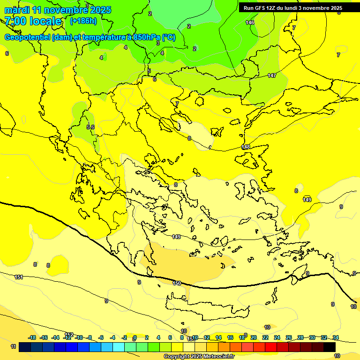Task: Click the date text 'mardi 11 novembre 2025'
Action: (58, 10)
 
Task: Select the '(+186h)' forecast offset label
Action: (83, 21)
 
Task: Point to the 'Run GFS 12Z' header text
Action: (261, 8)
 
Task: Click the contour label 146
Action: (250, 22)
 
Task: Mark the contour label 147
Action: (272, 75)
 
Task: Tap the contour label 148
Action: (246, 147)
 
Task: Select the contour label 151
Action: (19, 277)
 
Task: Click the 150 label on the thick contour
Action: (177, 283)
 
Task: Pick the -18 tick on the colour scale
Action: (32, 337)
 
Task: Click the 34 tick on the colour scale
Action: (336, 337)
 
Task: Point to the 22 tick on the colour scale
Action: (265, 337)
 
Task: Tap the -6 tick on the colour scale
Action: (101, 337)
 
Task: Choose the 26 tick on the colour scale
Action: (289, 337)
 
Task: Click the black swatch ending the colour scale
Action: (330, 347)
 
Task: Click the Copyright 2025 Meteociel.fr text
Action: (199, 357)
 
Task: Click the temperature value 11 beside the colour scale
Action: (13, 346)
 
